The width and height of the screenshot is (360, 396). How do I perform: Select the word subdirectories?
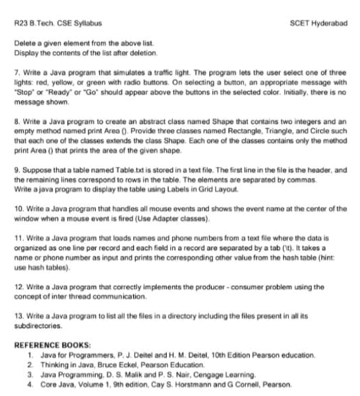pyautogui.click(x=37, y=327)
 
